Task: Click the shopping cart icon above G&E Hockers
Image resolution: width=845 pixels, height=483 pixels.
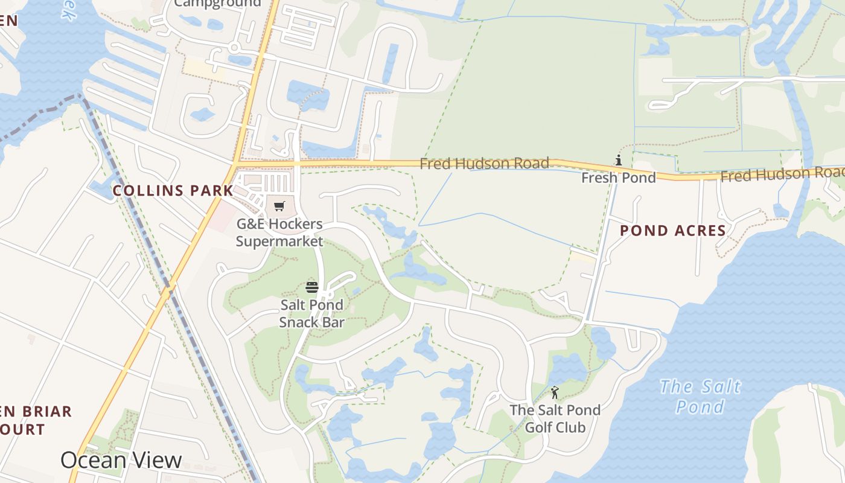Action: pyautogui.click(x=279, y=206)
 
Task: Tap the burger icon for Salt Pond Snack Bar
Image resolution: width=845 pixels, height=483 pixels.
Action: pyautogui.click(x=311, y=287)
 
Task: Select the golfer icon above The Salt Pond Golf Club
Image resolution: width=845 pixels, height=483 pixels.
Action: pyautogui.click(x=555, y=392)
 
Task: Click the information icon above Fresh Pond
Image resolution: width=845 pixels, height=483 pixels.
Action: pyautogui.click(x=618, y=161)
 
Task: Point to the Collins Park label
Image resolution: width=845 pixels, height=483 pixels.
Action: pyautogui.click(x=173, y=191)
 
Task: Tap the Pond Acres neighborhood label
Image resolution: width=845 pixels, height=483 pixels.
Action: pyautogui.click(x=673, y=231)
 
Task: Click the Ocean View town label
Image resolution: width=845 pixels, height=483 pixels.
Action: pyautogui.click(x=121, y=460)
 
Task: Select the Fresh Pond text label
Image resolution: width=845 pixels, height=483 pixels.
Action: pyautogui.click(x=618, y=178)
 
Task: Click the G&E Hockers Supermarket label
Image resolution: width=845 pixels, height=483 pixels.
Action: pyautogui.click(x=279, y=232)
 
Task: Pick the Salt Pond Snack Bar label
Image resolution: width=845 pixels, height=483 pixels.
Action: pyautogui.click(x=311, y=313)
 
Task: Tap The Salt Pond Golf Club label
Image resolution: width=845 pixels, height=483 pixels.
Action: pyautogui.click(x=555, y=418)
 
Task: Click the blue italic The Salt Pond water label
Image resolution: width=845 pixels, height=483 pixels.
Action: pyautogui.click(x=700, y=396)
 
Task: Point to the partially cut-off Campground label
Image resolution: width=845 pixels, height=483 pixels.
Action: pyautogui.click(x=218, y=4)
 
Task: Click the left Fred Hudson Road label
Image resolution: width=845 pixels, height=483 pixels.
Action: pyautogui.click(x=484, y=164)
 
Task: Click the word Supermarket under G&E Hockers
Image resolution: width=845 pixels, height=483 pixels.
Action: pyautogui.click(x=279, y=241)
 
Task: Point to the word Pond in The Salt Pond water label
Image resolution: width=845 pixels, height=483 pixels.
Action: pyautogui.click(x=700, y=406)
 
